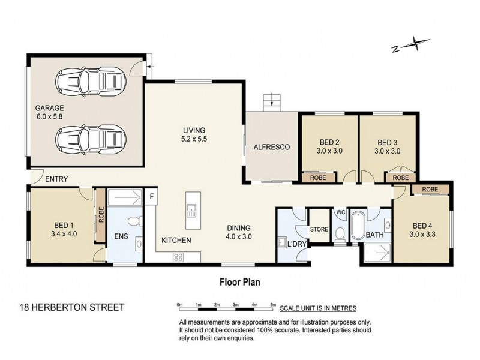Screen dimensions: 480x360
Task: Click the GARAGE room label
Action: click(x=50, y=108)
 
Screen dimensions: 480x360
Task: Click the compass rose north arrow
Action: click(x=411, y=44)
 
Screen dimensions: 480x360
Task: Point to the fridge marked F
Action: click(x=151, y=196)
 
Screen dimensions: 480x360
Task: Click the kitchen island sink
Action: click(x=191, y=211)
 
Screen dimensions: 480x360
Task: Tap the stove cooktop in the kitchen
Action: click(x=178, y=257)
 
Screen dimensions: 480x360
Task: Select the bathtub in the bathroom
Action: click(x=357, y=226)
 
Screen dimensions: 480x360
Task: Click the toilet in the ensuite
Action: click(x=134, y=221)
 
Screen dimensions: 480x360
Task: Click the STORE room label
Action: click(x=319, y=229)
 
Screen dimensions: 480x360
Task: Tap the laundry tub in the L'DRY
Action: click(x=281, y=242)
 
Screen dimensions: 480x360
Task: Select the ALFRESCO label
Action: click(x=272, y=147)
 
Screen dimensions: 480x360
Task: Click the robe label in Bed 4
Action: click(x=430, y=190)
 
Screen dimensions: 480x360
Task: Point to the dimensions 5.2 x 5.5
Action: click(x=194, y=139)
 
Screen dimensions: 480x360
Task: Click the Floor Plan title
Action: click(x=239, y=282)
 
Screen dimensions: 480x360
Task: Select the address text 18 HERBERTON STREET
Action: click(x=72, y=307)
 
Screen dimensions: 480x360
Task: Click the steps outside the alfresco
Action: click(x=272, y=103)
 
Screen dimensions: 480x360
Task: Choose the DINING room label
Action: click(x=239, y=228)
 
